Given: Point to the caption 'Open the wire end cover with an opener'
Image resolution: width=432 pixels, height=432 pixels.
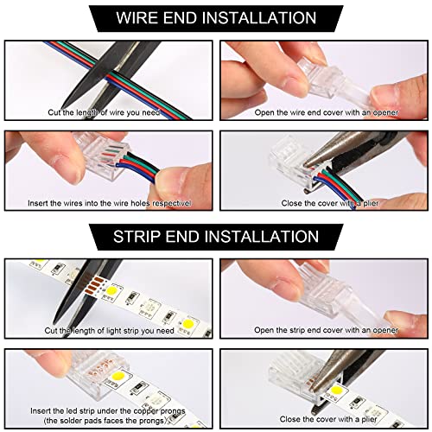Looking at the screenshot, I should coord(321,112).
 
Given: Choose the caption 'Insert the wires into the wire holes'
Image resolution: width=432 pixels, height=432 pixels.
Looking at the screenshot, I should coord(104,203).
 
